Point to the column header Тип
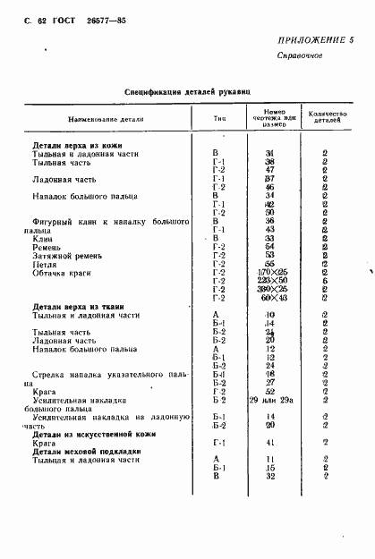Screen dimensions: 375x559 [x=218, y=118]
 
